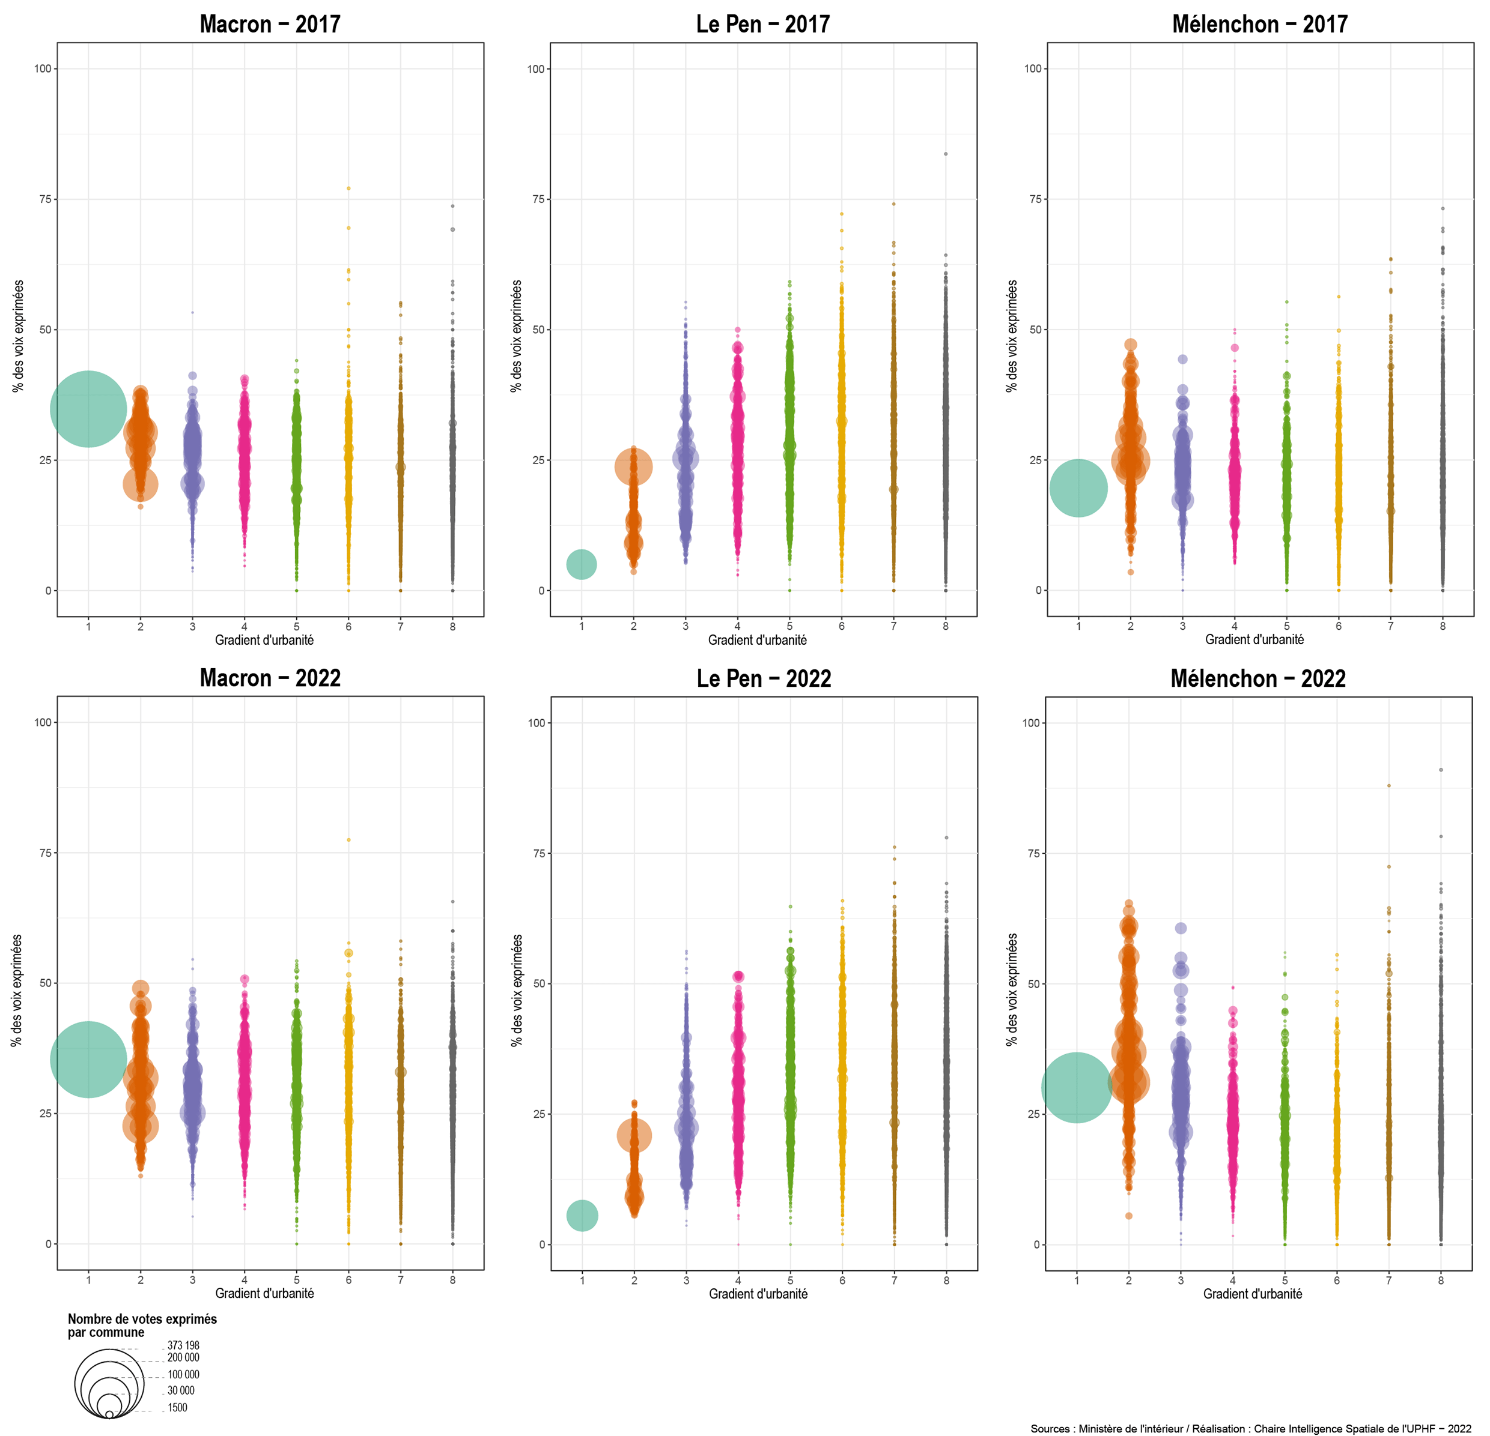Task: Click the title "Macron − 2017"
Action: click(x=270, y=24)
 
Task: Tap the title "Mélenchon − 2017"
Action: click(x=1260, y=24)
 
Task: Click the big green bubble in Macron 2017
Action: click(x=88, y=409)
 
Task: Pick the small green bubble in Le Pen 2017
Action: click(x=582, y=564)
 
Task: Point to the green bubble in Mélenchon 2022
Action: click(x=1077, y=1087)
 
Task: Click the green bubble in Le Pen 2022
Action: click(x=582, y=1216)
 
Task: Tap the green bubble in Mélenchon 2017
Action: click(x=1078, y=488)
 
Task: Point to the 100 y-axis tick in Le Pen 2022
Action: click(x=537, y=723)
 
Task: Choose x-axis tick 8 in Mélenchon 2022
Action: click(x=1441, y=1281)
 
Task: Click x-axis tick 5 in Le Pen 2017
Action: click(x=790, y=626)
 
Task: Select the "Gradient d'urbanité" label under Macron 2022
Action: click(x=264, y=1293)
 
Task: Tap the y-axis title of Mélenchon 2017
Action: click(x=1011, y=336)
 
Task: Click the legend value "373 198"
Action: click(x=183, y=1345)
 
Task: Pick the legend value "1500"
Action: click(x=177, y=1407)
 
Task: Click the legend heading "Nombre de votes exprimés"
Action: click(x=142, y=1319)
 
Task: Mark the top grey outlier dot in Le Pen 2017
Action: click(x=946, y=154)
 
